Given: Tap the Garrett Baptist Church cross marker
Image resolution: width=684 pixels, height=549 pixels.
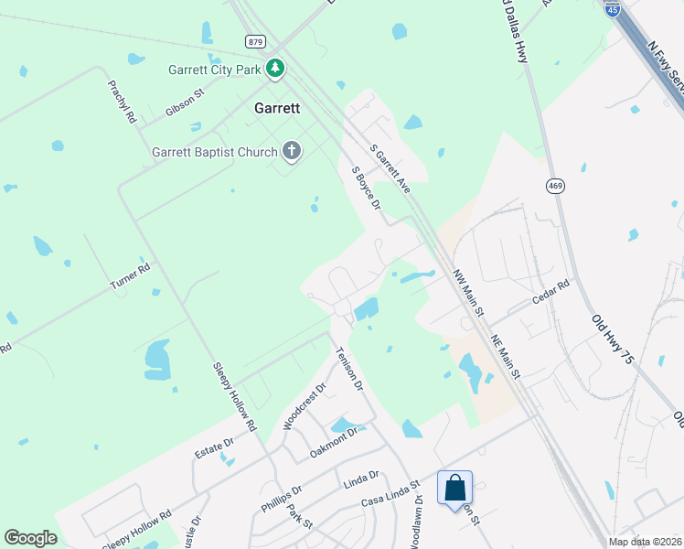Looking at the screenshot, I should (x=292, y=151).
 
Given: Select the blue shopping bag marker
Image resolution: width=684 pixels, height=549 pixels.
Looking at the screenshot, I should (x=455, y=489).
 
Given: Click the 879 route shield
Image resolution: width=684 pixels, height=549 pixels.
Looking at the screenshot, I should (x=256, y=41).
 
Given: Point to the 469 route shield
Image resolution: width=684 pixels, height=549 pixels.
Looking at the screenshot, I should (x=555, y=186).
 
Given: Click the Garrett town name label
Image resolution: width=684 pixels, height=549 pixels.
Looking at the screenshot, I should (x=277, y=107).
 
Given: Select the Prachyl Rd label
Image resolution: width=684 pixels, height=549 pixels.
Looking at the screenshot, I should (x=122, y=102).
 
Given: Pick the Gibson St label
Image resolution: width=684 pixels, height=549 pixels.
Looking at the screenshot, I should (x=185, y=108).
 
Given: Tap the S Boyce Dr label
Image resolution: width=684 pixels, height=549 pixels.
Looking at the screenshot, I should (x=366, y=187).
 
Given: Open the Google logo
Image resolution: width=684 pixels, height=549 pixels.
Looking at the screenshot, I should (x=30, y=538).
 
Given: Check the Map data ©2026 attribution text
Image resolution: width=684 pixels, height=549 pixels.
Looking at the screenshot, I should (x=645, y=542).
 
